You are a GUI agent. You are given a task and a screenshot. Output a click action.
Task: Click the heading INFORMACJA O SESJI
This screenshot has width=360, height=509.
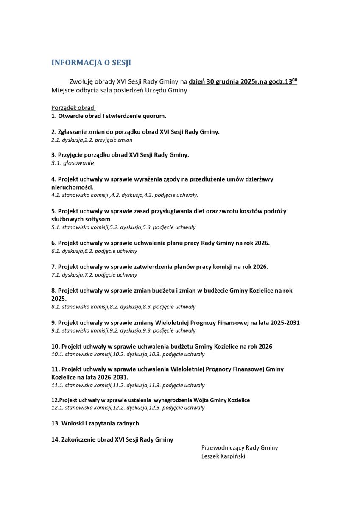(91, 63)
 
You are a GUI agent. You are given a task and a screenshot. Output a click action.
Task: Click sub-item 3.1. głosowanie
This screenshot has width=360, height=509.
(73, 163)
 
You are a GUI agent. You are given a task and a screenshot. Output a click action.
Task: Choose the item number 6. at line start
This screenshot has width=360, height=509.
(53, 243)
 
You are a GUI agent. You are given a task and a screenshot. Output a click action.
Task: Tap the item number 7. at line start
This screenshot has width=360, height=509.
(53, 267)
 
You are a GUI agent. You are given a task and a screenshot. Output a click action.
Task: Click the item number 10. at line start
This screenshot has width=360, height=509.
(55, 347)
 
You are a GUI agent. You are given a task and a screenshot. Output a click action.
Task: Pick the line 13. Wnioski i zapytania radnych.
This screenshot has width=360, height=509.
(96, 423)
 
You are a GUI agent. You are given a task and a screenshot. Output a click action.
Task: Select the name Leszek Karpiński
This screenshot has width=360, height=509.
(223, 456)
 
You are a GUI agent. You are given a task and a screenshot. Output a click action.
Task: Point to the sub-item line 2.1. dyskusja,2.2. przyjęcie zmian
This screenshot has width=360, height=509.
(92, 140)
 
